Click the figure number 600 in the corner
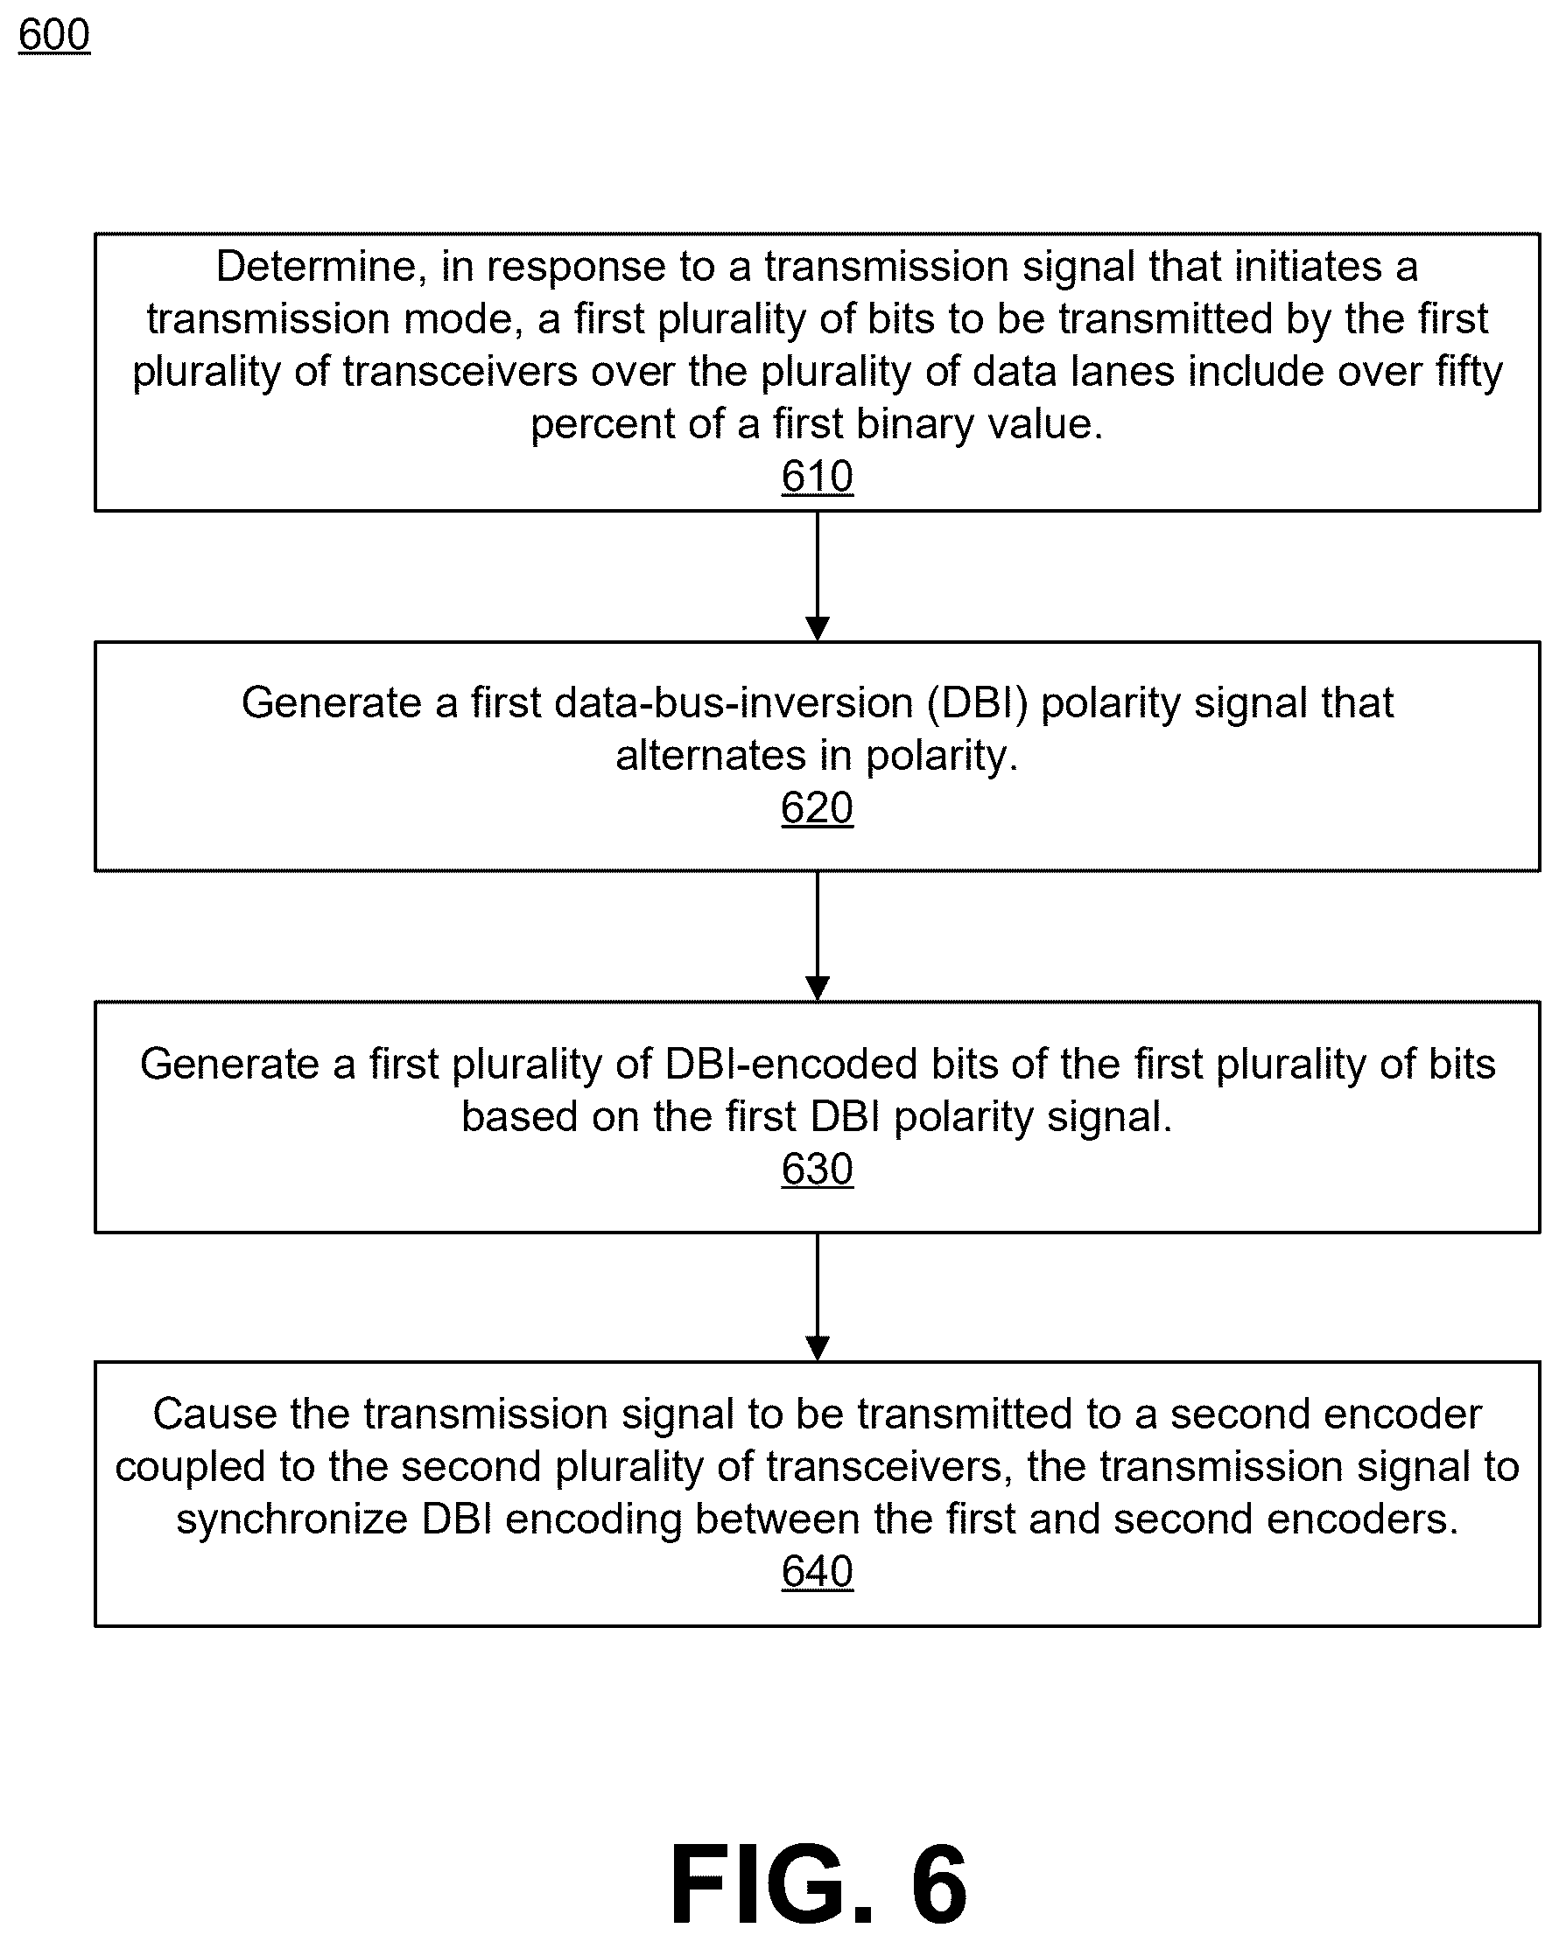coord(54,36)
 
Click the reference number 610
coord(817,477)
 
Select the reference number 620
coord(817,808)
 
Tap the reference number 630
coord(817,1170)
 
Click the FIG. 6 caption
coord(818,1884)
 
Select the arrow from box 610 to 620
coord(818,576)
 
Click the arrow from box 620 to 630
coord(818,937)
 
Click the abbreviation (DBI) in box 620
coord(978,703)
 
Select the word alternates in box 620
coord(710,756)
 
